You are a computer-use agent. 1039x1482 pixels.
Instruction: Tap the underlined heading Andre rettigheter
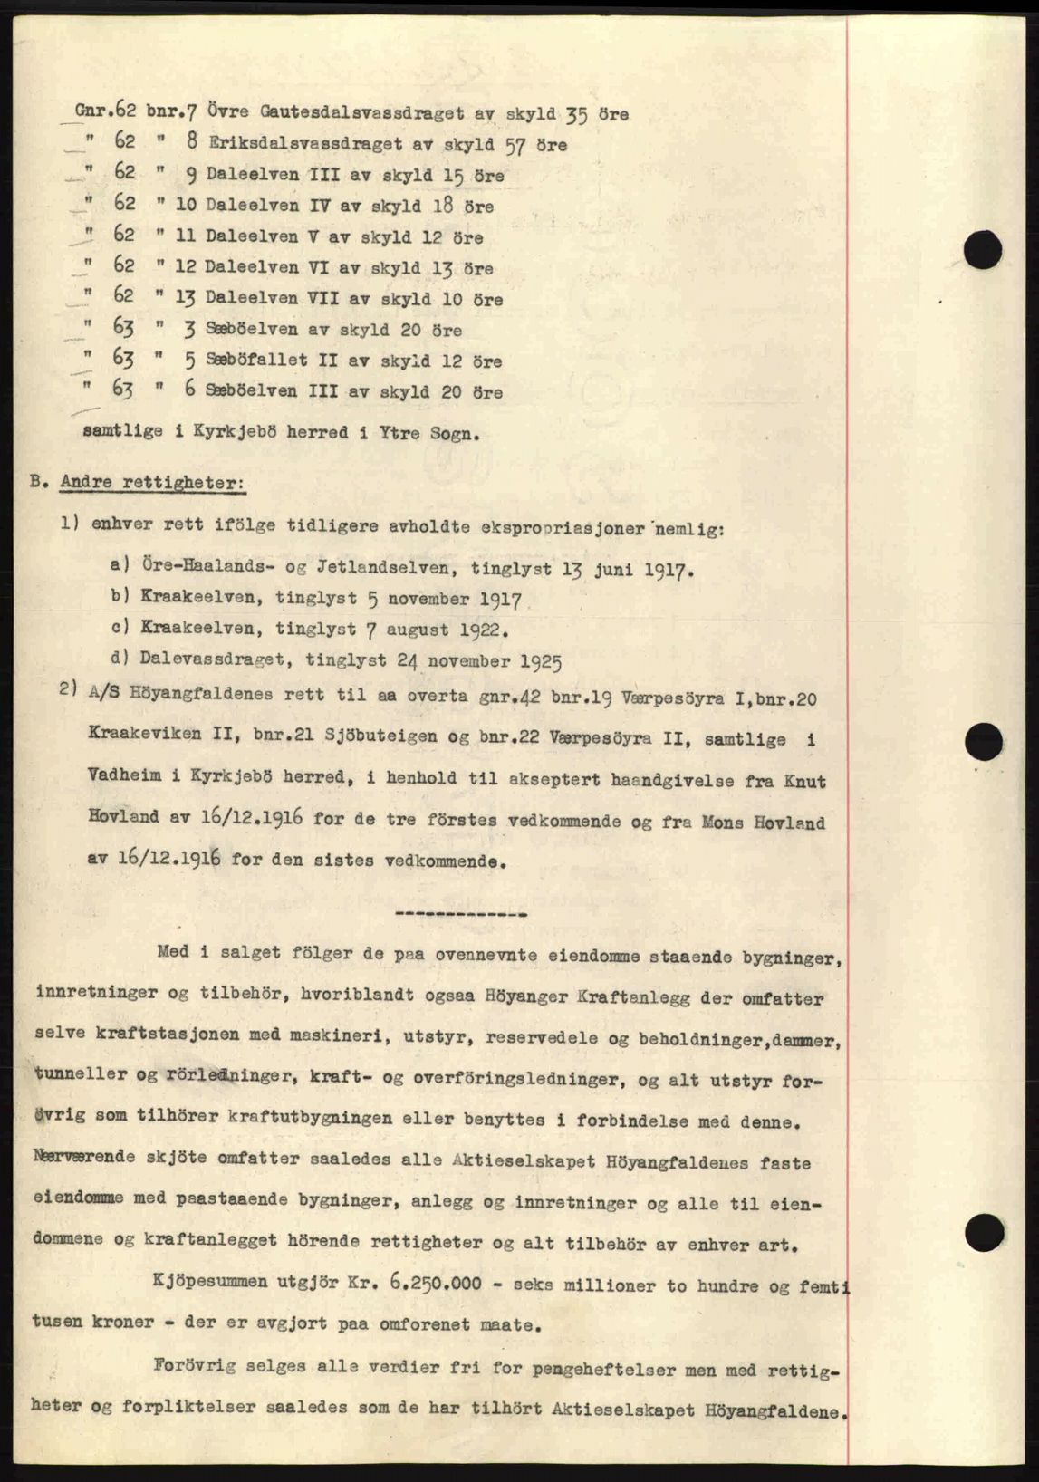point(151,483)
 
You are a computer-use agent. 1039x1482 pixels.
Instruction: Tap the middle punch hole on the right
point(983,744)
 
